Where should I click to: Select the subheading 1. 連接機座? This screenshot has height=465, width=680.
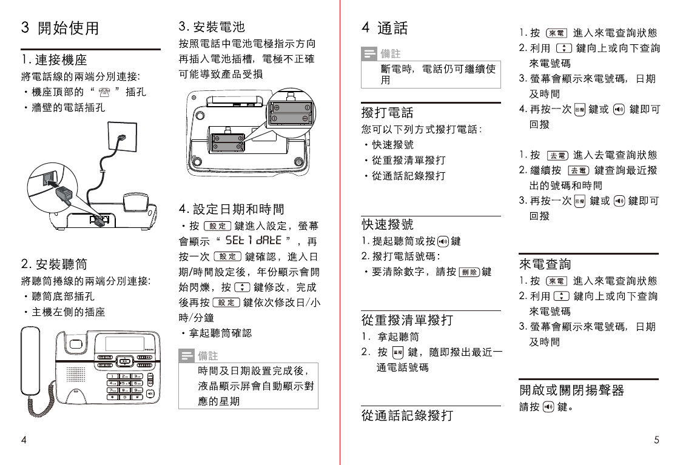click(54, 60)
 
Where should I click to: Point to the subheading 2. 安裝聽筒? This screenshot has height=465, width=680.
click(54, 264)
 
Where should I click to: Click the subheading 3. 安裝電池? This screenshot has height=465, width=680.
click(212, 27)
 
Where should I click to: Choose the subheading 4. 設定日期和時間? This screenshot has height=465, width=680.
click(232, 209)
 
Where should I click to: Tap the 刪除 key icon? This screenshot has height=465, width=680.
click(469, 272)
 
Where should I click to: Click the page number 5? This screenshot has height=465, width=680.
click(657, 440)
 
